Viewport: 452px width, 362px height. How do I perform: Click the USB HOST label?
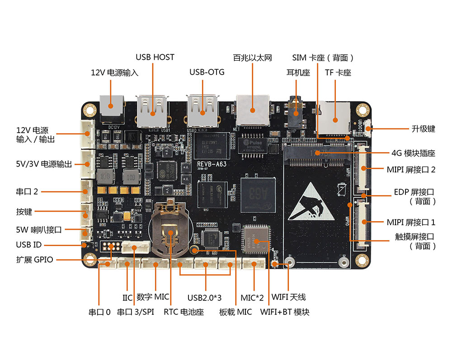click(x=155, y=57)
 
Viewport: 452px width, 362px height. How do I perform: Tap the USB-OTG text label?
click(x=207, y=72)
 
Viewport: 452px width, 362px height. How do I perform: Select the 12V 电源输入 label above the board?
click(x=115, y=72)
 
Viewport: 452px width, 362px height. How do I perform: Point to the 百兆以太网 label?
click(x=253, y=58)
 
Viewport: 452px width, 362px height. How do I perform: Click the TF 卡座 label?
click(x=338, y=72)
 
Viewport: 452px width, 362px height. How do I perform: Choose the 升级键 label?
click(x=423, y=129)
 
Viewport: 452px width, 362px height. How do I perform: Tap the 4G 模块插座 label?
click(x=413, y=153)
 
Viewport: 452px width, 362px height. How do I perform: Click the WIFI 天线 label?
click(x=288, y=297)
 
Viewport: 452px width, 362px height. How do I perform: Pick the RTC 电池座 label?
click(x=184, y=312)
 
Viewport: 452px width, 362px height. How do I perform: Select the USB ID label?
click(x=29, y=245)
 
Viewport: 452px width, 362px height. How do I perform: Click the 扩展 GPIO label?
click(x=35, y=260)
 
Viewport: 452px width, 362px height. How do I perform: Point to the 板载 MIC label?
click(x=235, y=312)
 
